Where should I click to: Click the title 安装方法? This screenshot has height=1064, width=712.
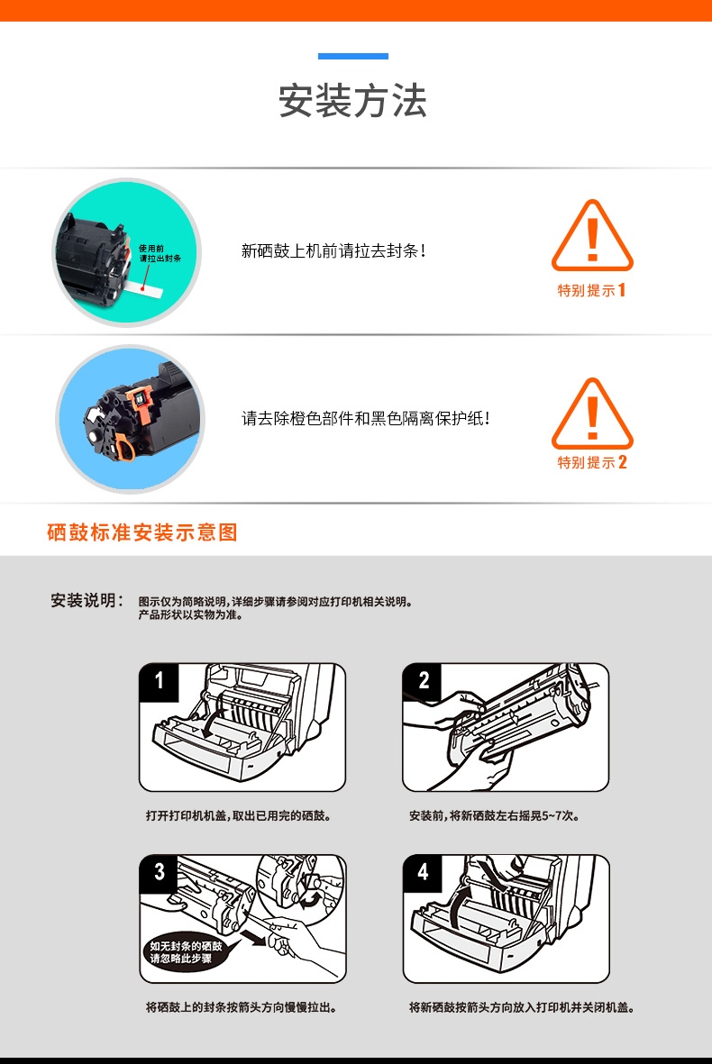(x=353, y=100)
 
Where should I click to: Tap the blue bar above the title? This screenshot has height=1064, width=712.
(x=353, y=57)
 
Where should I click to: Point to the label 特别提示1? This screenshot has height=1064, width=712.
(x=592, y=290)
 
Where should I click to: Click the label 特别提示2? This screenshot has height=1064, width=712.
(x=592, y=463)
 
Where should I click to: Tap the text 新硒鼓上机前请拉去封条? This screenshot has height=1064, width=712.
(x=334, y=251)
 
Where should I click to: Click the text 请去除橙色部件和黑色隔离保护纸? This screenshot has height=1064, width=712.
(x=366, y=418)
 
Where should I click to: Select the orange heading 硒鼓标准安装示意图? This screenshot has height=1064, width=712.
(x=142, y=532)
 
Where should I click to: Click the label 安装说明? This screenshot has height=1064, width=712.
(x=87, y=601)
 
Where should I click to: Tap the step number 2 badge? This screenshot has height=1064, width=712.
(x=422, y=681)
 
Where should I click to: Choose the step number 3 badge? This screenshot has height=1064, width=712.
(x=159, y=873)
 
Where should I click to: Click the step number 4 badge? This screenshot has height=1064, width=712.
(x=422, y=873)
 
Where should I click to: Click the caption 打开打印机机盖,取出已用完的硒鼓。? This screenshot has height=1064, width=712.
(x=239, y=815)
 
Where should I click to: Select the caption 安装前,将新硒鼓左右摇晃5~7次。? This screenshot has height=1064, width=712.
(x=495, y=815)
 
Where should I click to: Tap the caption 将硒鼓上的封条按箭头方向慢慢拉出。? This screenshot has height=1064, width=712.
(x=242, y=1007)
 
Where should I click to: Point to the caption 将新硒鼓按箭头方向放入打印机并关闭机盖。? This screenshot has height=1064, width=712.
(x=522, y=1007)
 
